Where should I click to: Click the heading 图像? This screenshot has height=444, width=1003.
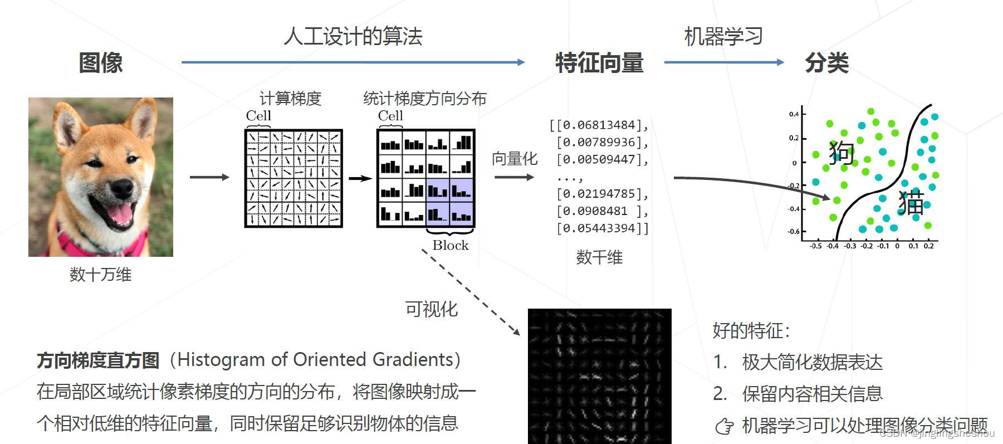pyautogui.click(x=100, y=62)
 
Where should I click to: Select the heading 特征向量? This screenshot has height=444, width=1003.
pyautogui.click(x=599, y=62)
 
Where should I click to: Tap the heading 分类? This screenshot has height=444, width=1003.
pyautogui.click(x=826, y=62)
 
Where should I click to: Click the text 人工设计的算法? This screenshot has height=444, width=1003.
pyautogui.click(x=353, y=36)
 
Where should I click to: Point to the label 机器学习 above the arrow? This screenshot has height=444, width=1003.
pyautogui.click(x=723, y=36)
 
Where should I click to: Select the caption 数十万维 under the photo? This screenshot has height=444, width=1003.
pyautogui.click(x=100, y=274)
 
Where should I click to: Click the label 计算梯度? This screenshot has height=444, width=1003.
pyautogui.click(x=291, y=99)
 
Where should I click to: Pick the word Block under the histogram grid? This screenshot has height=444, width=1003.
pyautogui.click(x=451, y=245)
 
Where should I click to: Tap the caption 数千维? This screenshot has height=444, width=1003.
pyautogui.click(x=599, y=257)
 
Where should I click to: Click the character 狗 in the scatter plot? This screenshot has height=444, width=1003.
pyautogui.click(x=841, y=152)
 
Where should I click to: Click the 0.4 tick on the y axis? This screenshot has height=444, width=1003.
pyautogui.click(x=794, y=114)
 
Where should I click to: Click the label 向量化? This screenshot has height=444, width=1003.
pyautogui.click(x=515, y=159)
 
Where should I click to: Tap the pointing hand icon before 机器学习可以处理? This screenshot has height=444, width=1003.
pyautogui.click(x=725, y=426)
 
